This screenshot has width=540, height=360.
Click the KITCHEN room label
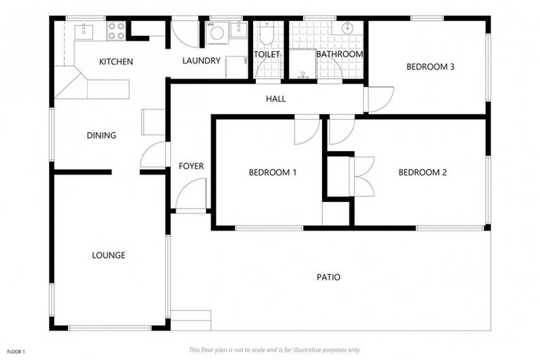point(116,62)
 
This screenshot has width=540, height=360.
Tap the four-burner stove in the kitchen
point(116,30)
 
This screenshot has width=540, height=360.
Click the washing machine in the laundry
point(217,32)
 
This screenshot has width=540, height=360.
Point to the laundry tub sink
point(239,30)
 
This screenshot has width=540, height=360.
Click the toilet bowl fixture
point(266,33)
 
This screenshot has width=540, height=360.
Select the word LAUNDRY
point(201,61)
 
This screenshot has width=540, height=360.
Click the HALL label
point(276,99)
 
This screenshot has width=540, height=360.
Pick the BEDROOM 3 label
point(430,67)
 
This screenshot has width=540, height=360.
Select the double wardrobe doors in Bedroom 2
point(364,175)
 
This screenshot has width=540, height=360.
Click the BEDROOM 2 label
point(423,172)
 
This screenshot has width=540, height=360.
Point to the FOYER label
point(191,167)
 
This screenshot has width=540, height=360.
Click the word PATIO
point(328,277)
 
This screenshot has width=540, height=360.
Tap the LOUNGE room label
point(108,255)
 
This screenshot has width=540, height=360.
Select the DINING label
point(101,136)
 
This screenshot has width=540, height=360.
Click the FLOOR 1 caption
point(16,351)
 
